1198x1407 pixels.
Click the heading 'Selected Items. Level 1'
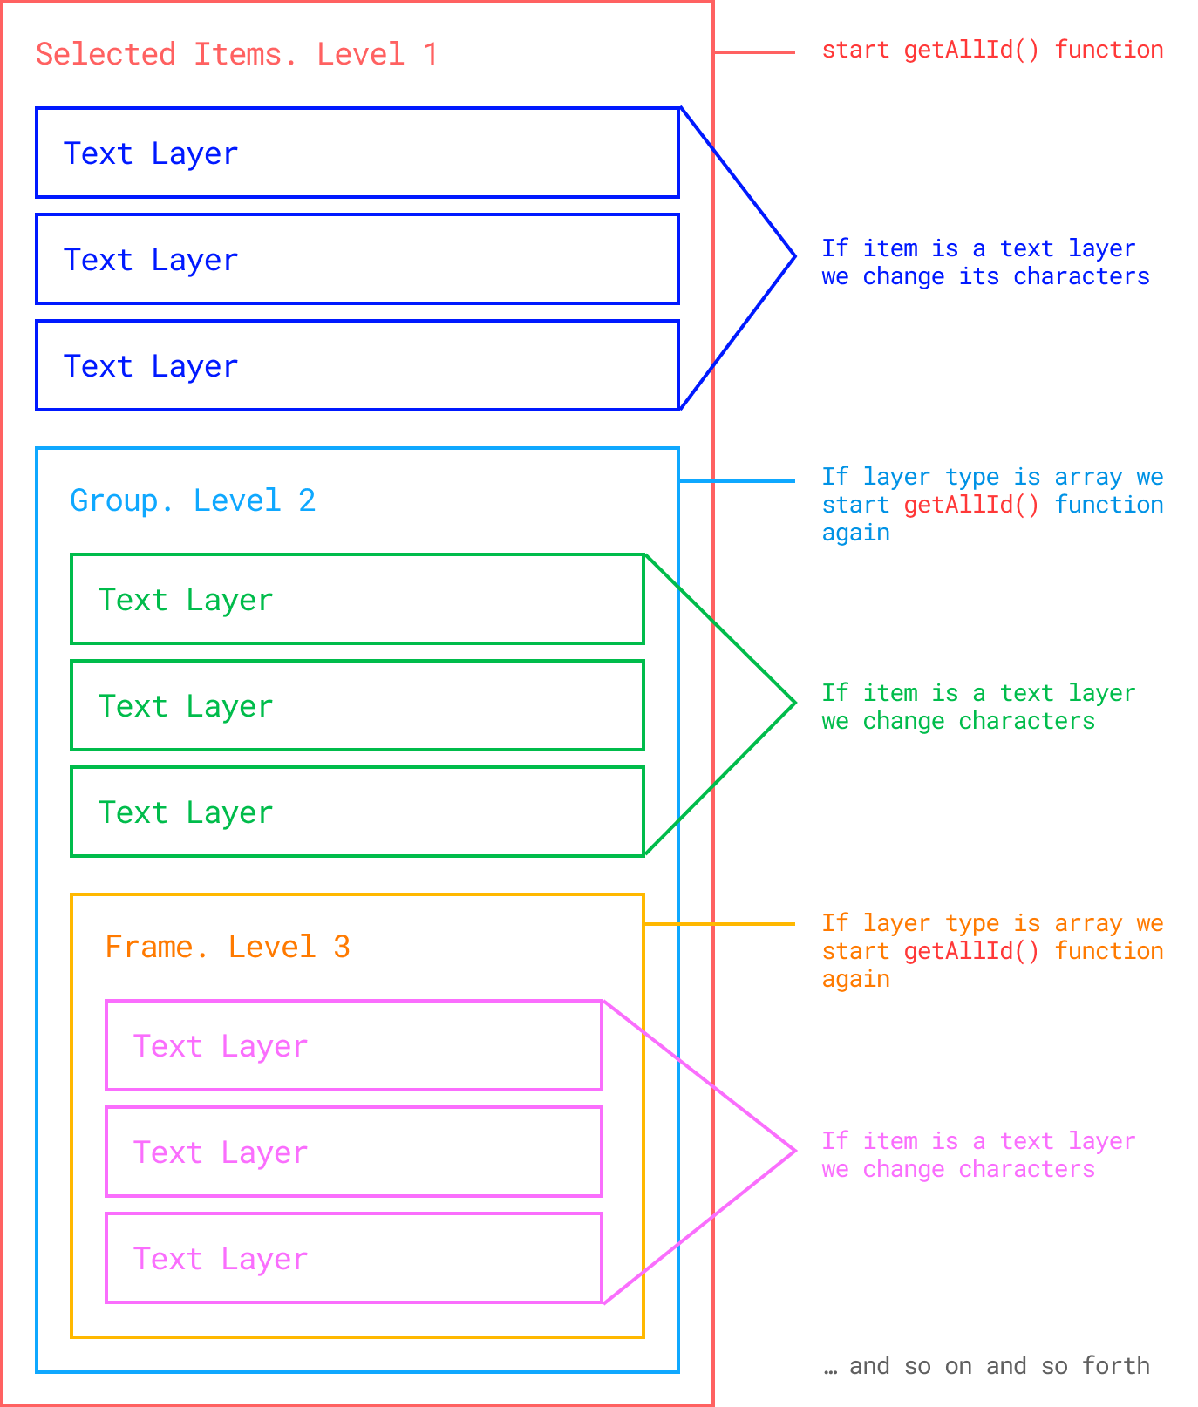(x=235, y=55)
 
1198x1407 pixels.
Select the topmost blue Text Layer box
(x=357, y=153)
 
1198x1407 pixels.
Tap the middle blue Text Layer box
(x=357, y=260)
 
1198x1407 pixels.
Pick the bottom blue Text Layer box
(x=357, y=366)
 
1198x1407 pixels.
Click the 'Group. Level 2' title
(x=193, y=501)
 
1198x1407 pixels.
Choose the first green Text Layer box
(x=357, y=600)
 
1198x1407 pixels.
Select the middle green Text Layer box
(x=357, y=706)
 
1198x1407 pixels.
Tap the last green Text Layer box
(x=357, y=812)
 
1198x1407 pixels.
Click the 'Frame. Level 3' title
(x=228, y=948)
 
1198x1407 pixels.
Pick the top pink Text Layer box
(x=354, y=1046)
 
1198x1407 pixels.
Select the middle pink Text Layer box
(x=354, y=1152)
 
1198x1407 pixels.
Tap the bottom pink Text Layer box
(x=354, y=1259)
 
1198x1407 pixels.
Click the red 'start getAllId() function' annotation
(x=992, y=51)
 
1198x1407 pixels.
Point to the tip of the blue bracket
(x=793, y=256)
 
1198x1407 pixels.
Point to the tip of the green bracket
(x=793, y=703)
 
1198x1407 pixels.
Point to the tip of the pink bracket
(x=793, y=1151)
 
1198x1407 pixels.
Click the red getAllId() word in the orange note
(x=971, y=951)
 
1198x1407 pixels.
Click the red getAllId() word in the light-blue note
(x=971, y=505)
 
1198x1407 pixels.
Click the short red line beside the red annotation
(x=754, y=52)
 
